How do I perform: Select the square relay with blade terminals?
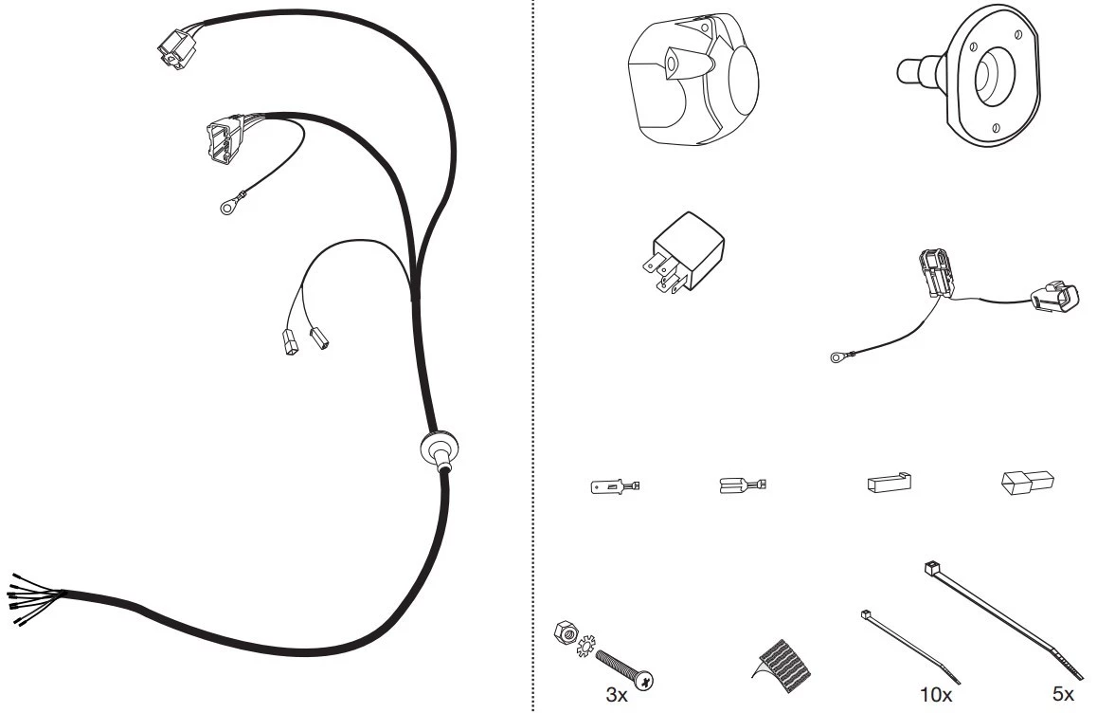tap(684, 253)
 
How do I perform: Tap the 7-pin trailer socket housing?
tap(692, 81)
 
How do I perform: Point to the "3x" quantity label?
tap(617, 695)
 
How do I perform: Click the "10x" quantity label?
tap(935, 695)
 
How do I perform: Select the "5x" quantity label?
tap(1063, 693)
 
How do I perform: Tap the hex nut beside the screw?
tap(564, 632)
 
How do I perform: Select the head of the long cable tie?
tap(932, 567)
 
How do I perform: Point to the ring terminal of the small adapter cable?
tap(836, 357)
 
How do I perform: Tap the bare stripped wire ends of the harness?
tap(31, 599)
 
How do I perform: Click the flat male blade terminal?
tap(615, 485)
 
